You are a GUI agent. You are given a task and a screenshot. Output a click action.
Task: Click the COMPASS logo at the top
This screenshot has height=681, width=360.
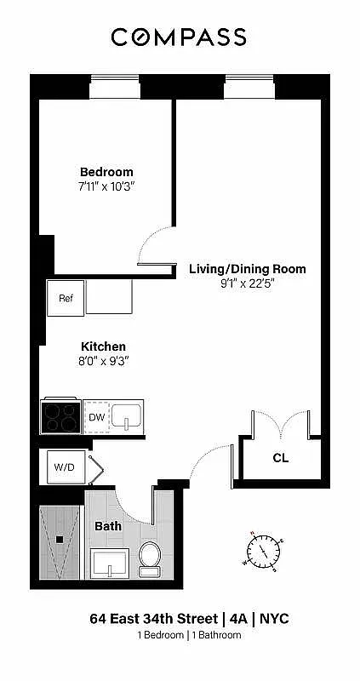coord(180,37)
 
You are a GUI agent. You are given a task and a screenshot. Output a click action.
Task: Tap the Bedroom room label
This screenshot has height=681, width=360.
coord(106,171)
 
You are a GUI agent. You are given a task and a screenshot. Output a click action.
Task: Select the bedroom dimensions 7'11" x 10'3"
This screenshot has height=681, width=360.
coord(106,186)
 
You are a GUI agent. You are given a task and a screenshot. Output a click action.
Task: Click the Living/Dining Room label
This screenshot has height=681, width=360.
coord(247,269)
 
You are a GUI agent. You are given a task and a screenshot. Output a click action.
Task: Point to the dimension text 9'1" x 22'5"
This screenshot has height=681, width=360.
coord(247,283)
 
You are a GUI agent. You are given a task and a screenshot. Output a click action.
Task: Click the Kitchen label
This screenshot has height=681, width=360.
coord(103,346)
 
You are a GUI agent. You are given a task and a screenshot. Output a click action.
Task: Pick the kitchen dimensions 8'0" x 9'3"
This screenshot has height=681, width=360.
coord(103,361)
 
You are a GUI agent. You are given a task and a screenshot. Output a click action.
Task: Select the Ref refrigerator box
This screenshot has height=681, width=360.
coord(66,299)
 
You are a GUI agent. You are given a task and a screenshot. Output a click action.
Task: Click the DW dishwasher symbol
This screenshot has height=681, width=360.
coord(96,417)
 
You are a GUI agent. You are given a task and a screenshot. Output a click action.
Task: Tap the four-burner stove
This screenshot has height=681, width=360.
coord(60,417)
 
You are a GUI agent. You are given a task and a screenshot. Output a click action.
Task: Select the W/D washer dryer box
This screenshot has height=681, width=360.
coord(64,466)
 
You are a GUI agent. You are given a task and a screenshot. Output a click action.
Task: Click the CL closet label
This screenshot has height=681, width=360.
coord(280,458)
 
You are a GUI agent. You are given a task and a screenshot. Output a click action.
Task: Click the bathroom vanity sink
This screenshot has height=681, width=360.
coord(109,563)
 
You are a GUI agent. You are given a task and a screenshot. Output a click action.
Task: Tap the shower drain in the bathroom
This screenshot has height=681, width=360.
coord(60,539)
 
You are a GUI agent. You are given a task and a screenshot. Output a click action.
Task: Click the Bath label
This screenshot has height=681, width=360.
coord(108,526)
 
